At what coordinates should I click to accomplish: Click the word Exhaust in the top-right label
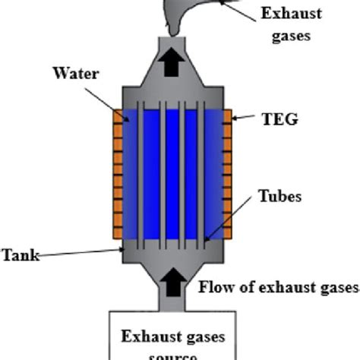coord(292,13)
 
